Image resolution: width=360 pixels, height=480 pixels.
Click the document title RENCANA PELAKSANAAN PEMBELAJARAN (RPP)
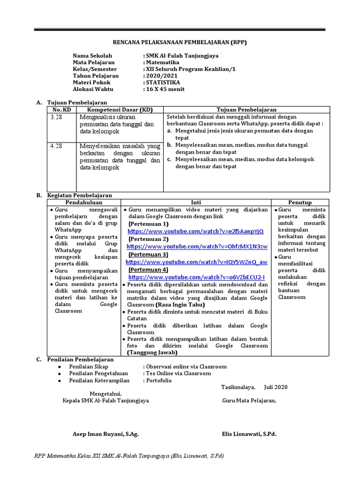180,42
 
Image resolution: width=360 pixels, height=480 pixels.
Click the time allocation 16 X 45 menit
165,89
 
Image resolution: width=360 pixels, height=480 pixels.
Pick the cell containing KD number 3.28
61,117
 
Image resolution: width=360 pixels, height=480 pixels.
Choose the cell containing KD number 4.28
61,146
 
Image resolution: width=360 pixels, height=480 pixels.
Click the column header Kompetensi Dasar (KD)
120,110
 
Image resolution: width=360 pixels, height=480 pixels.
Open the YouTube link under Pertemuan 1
195,232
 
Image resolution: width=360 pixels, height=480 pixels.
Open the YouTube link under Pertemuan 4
195,277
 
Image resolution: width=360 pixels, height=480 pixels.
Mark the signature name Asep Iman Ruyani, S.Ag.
105,434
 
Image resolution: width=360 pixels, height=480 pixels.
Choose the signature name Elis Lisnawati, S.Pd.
249,434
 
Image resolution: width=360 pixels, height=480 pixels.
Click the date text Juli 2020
276,387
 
